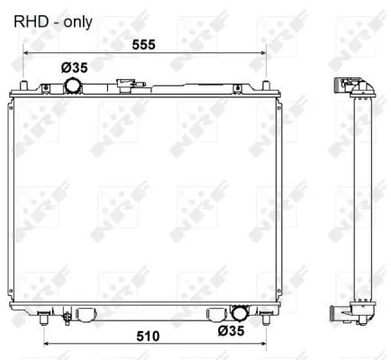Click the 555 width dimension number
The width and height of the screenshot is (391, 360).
point(144,45)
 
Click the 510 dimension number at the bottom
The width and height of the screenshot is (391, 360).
point(148,337)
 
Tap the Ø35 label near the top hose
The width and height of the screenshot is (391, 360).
point(74,67)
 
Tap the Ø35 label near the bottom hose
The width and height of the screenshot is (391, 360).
point(232,331)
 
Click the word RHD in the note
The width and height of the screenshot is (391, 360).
point(31,22)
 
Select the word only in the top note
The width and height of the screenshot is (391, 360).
point(77,22)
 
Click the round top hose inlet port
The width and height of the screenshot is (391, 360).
point(73,85)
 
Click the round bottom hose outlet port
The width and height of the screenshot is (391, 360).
point(240,313)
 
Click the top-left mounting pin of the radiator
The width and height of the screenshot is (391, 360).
point(23,85)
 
